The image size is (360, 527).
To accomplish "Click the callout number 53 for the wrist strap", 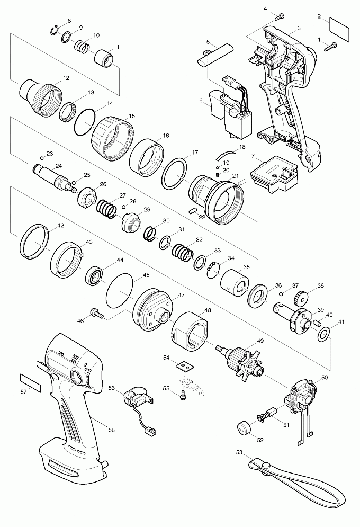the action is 239,452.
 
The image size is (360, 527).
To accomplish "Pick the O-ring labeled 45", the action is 120,290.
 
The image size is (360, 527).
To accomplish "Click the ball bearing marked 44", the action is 96,278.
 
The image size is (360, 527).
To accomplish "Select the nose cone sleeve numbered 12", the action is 40,96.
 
